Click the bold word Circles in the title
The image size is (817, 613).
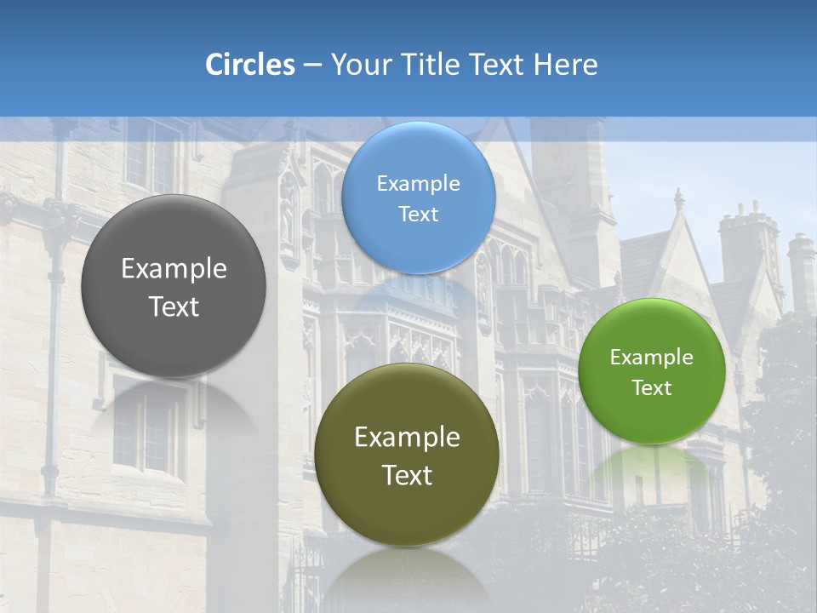coord(250,65)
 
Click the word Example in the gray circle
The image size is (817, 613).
coord(174,269)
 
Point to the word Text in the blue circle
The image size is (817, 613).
coord(418,215)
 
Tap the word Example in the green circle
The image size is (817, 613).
coord(652,358)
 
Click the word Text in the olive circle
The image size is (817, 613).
coord(407,475)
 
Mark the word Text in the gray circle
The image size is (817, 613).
coord(174,306)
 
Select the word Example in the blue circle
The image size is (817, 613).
coord(418,184)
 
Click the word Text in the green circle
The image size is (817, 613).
coord(652,388)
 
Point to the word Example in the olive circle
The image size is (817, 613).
coord(407,438)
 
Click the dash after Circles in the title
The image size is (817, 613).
coord(312,66)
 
